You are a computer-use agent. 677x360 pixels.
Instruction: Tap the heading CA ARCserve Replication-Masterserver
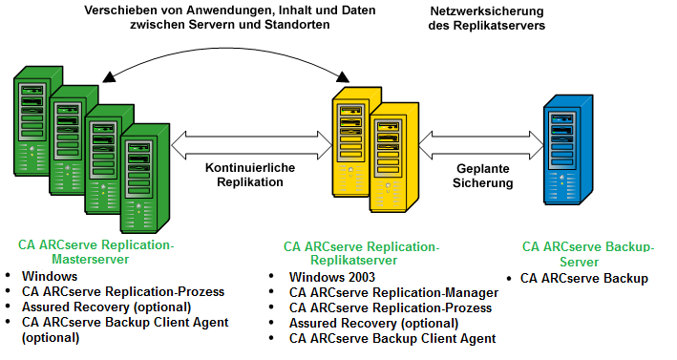[95, 252]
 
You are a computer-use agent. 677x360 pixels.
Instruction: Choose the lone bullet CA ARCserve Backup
[583, 279]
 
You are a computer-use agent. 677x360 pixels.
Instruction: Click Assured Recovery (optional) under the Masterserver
[106, 307]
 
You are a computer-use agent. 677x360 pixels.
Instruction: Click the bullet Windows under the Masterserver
[49, 277]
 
